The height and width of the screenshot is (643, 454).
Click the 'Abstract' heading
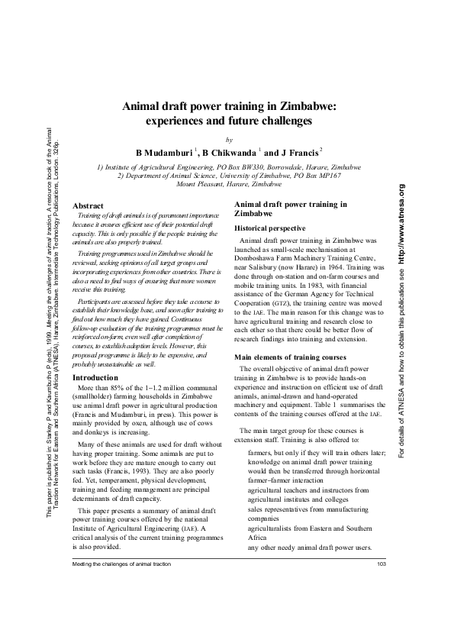[87, 205]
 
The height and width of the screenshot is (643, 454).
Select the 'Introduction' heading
[94, 377]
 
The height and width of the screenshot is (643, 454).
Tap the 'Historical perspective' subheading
[270, 228]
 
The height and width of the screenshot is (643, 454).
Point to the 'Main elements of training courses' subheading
[290, 357]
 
